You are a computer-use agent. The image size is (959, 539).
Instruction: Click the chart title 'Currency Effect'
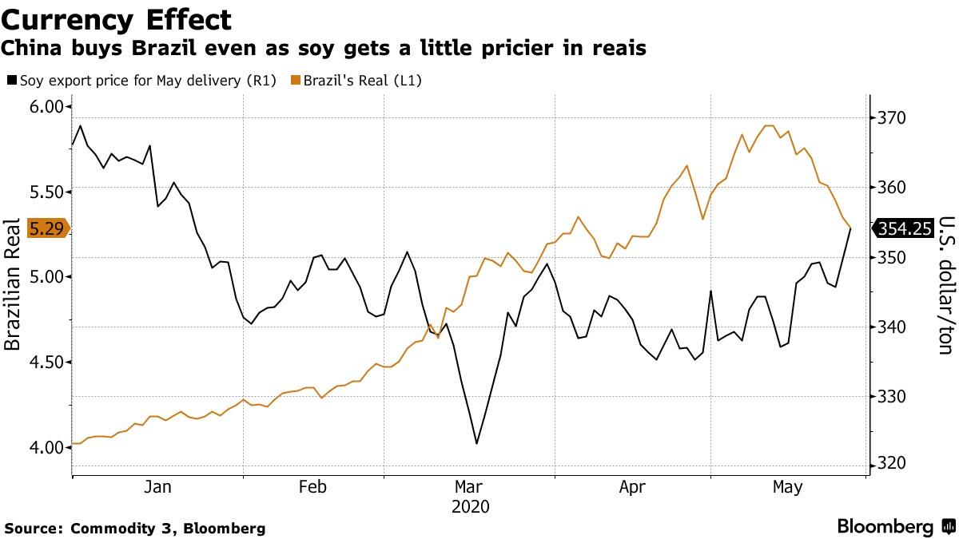[117, 19]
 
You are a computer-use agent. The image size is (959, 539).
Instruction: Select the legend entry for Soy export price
[141, 81]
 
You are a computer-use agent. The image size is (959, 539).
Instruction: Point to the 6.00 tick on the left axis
[46, 107]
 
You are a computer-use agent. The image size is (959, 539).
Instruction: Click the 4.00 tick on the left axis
[46, 447]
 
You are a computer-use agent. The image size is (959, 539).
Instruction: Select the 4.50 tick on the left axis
[46, 362]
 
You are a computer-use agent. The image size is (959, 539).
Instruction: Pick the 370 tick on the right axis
[891, 118]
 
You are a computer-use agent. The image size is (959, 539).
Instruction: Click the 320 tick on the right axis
[891, 464]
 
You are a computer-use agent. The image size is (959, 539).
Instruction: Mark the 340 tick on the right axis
[891, 327]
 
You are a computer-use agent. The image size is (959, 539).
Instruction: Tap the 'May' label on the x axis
[789, 486]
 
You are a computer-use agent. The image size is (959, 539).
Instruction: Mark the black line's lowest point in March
[476, 443]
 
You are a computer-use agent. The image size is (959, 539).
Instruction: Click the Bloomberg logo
[885, 527]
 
